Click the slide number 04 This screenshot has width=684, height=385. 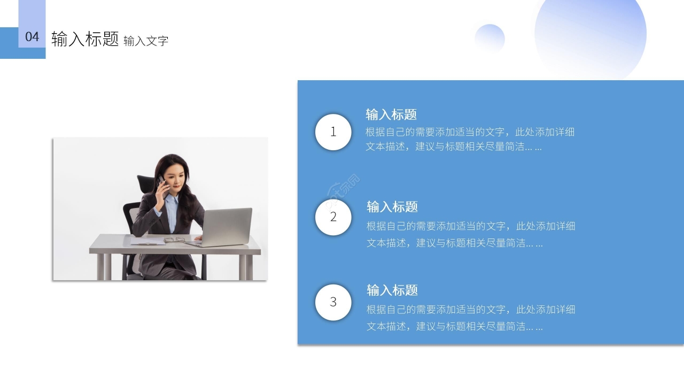[32, 37]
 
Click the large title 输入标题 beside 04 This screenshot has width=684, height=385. [85, 38]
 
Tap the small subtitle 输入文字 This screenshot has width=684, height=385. [146, 41]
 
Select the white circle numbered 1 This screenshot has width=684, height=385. [333, 132]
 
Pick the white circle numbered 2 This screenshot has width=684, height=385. [333, 217]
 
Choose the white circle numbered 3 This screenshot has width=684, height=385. [333, 302]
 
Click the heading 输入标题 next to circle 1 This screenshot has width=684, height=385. [391, 114]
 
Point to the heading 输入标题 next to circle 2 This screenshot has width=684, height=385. [392, 207]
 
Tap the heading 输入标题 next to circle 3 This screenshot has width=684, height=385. [392, 290]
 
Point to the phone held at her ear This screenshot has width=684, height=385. [161, 182]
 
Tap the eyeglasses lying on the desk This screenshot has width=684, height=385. [174, 240]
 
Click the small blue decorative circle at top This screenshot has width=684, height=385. [489, 38]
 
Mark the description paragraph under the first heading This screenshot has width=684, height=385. [470, 139]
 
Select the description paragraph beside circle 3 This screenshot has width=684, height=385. [470, 318]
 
